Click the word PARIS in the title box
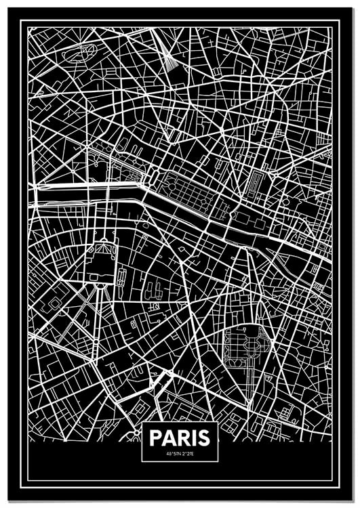(180, 436)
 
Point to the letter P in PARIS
(155, 436)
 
